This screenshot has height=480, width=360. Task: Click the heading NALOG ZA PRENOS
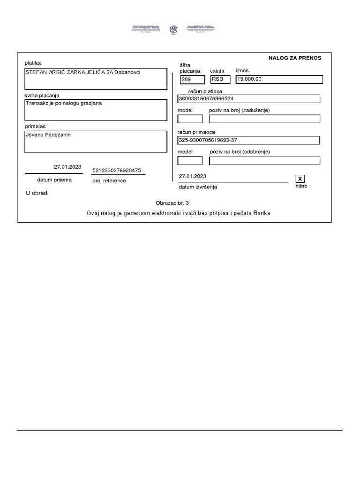tap(294, 58)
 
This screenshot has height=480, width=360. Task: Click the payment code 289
tap(186, 80)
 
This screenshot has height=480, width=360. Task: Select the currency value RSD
tap(217, 79)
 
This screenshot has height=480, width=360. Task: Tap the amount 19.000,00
tap(249, 79)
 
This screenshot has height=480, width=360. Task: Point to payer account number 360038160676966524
tap(206, 99)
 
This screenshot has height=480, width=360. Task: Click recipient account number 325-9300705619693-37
tap(209, 140)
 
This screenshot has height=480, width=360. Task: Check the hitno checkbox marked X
tap(300, 179)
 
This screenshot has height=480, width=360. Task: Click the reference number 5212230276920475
tap(117, 171)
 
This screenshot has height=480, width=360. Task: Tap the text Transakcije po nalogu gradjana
tap(64, 103)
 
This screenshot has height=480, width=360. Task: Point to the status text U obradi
tap(37, 193)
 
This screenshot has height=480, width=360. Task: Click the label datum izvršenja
tap(198, 187)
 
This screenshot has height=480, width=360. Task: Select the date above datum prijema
tap(67, 166)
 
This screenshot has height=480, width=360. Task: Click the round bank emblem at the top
tap(173, 30)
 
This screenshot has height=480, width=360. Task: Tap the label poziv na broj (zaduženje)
tap(239, 110)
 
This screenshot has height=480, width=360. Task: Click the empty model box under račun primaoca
tap(190, 161)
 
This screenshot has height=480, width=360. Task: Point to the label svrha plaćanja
tap(42, 96)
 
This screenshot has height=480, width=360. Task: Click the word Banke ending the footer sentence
tap(262, 213)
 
